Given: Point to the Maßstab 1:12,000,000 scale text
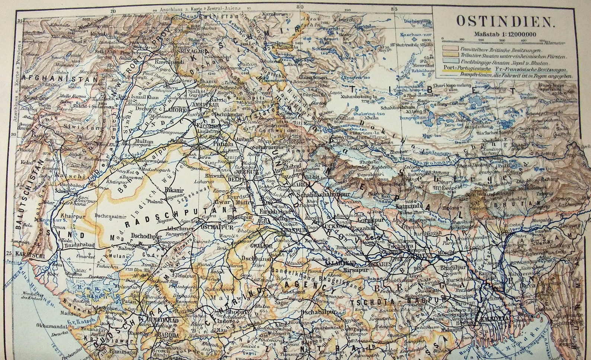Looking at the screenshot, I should [505, 34].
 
